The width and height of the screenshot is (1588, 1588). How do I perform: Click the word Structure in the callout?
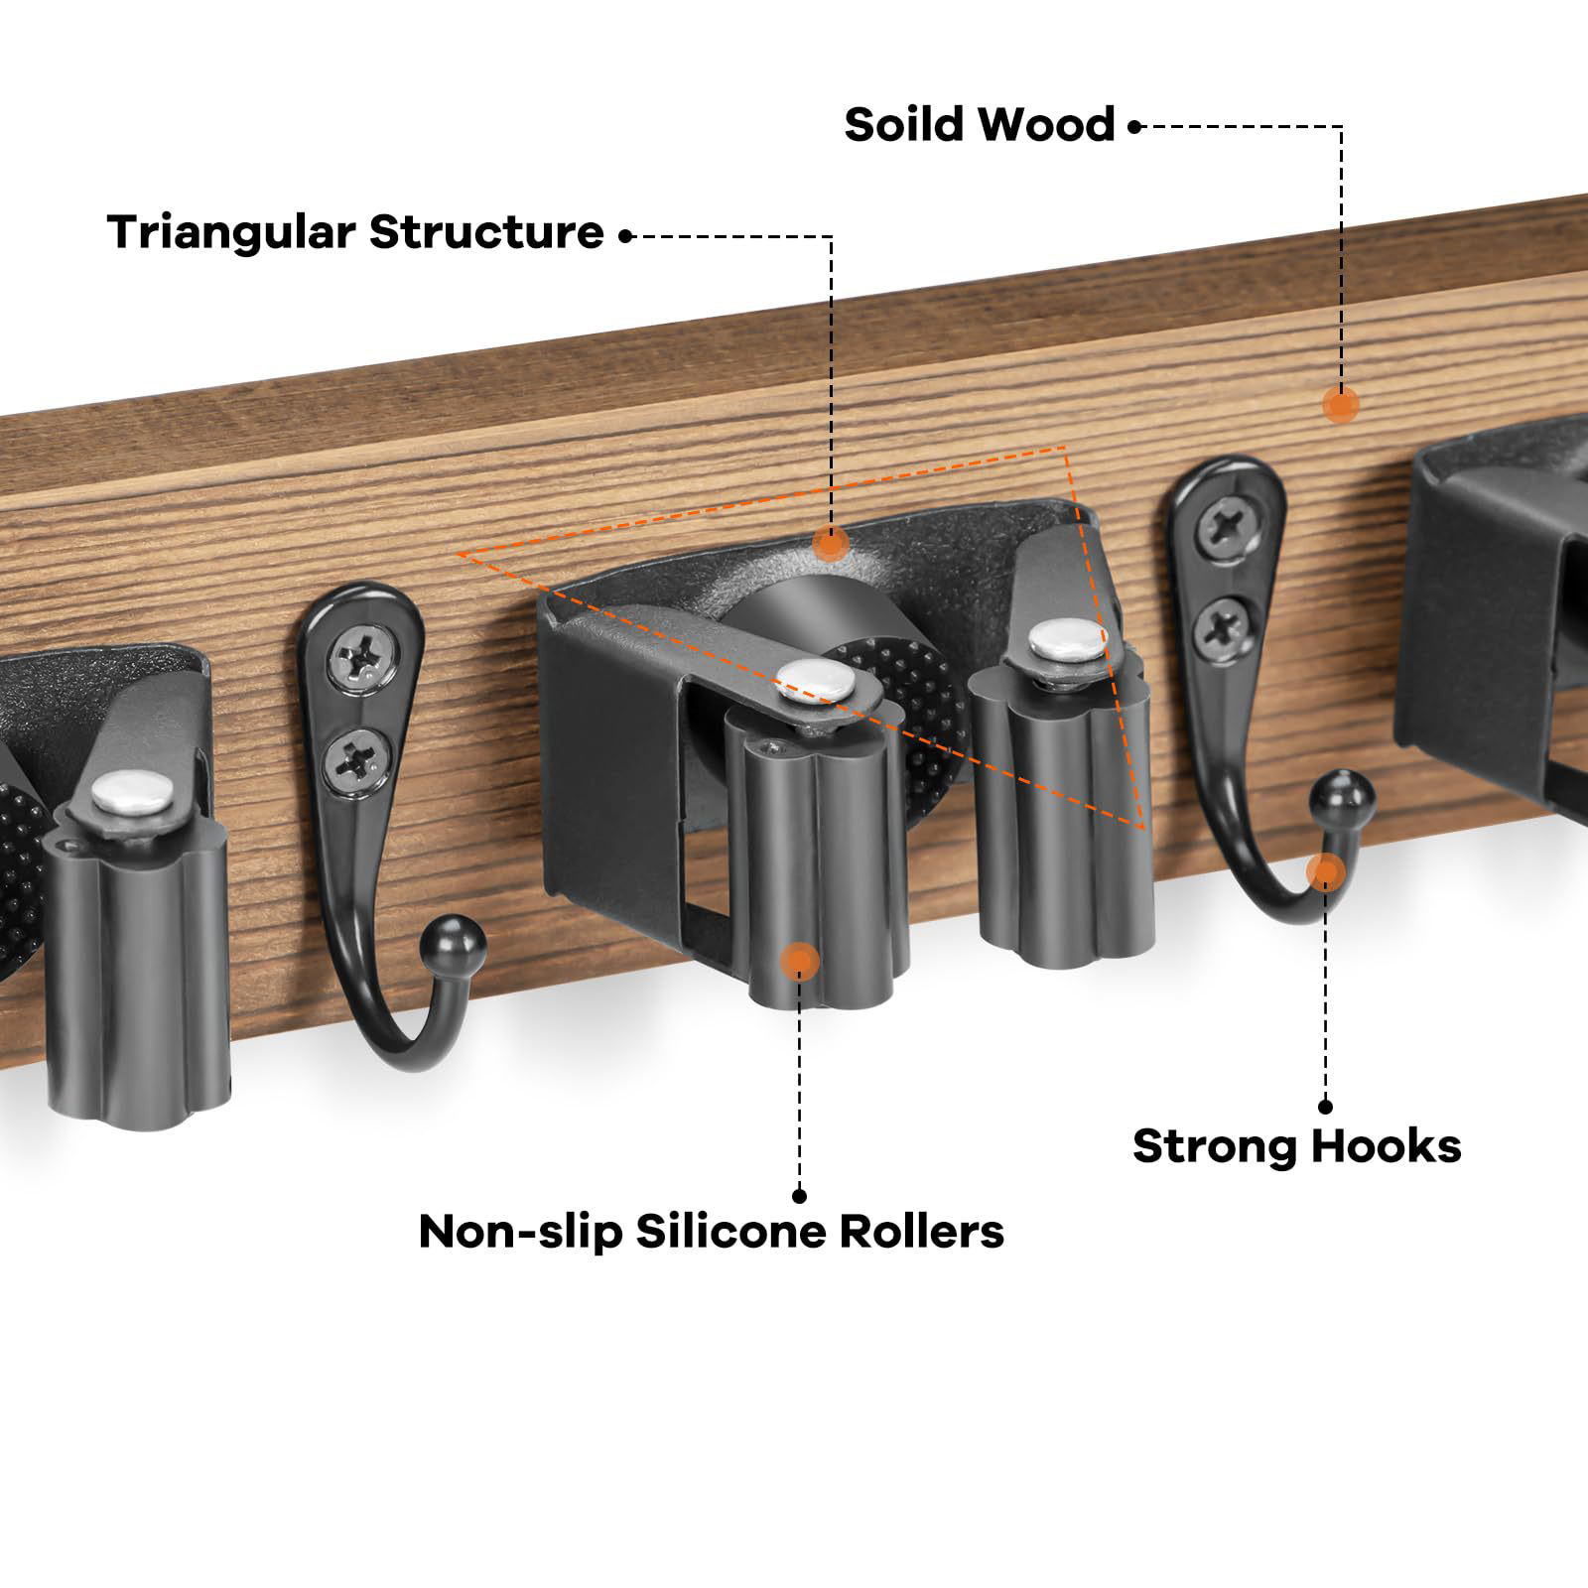(x=486, y=233)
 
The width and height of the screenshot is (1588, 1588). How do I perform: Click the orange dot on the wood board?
(x=1340, y=404)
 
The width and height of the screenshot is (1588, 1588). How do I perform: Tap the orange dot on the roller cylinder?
(x=799, y=960)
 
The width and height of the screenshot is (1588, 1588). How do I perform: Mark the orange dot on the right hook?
(x=1325, y=872)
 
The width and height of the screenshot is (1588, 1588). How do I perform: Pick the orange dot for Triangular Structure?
(x=830, y=542)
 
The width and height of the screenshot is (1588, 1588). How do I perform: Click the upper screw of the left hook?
(x=354, y=658)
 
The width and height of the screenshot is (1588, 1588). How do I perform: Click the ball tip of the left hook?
(x=459, y=936)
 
